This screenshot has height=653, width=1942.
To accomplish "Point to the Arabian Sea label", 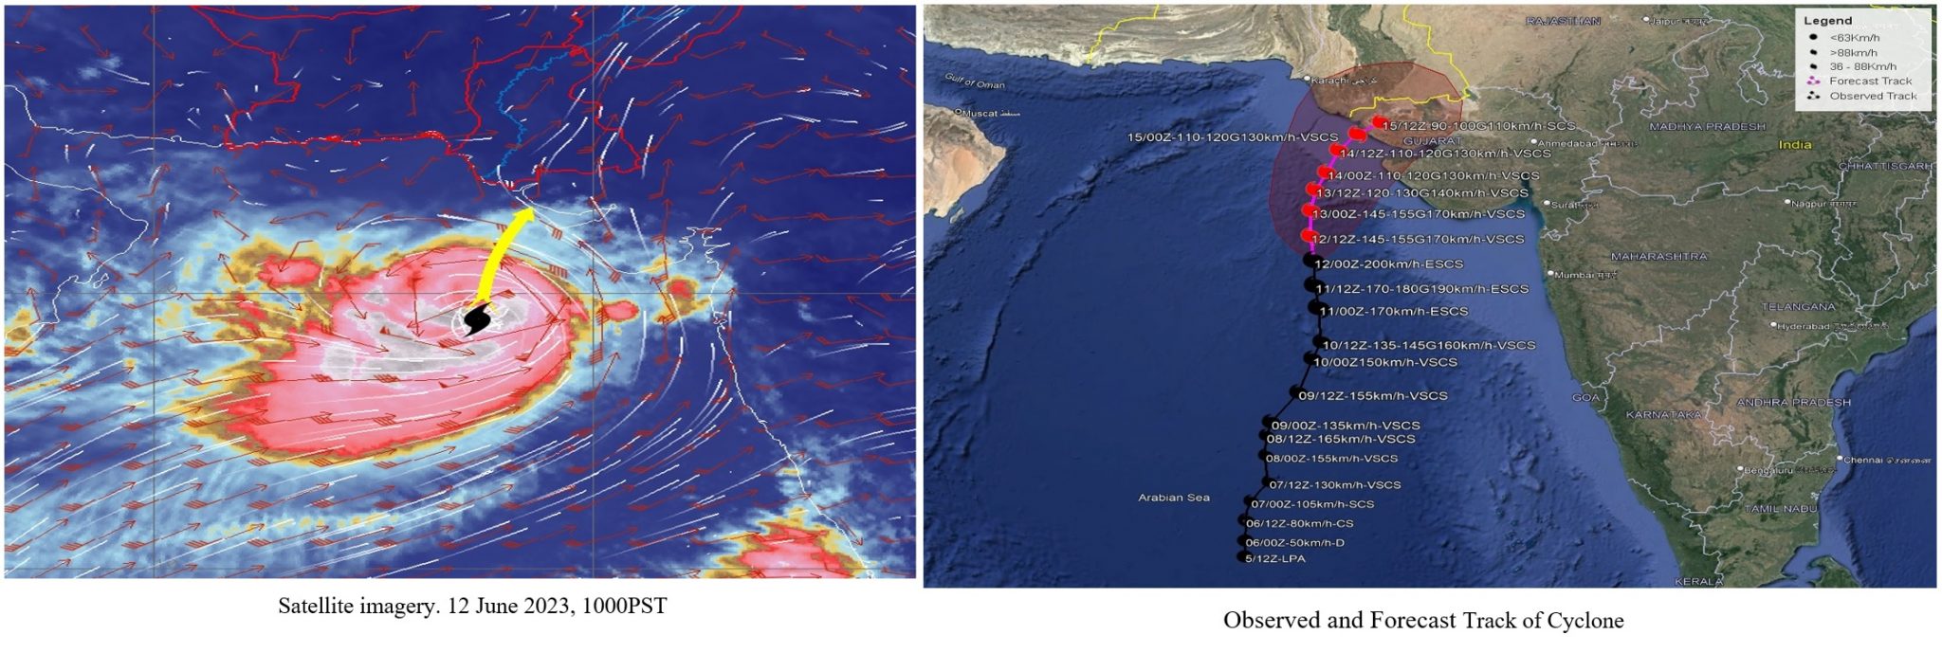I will tap(1174, 498).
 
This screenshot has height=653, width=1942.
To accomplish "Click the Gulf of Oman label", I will tap(975, 82).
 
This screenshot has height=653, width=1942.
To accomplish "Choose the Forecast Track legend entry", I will tap(1870, 82).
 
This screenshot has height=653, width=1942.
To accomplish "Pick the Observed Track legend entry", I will tap(1873, 96).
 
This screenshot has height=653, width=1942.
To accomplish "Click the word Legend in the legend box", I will tap(1827, 21).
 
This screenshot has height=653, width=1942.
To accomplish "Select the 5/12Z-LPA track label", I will tap(1275, 559).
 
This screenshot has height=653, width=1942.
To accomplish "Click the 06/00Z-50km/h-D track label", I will tap(1295, 543).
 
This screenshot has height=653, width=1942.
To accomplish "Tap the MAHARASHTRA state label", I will tap(1658, 257).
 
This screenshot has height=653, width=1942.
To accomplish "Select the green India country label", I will tap(1795, 145).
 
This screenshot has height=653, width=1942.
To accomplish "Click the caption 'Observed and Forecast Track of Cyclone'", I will tap(1422, 621).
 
